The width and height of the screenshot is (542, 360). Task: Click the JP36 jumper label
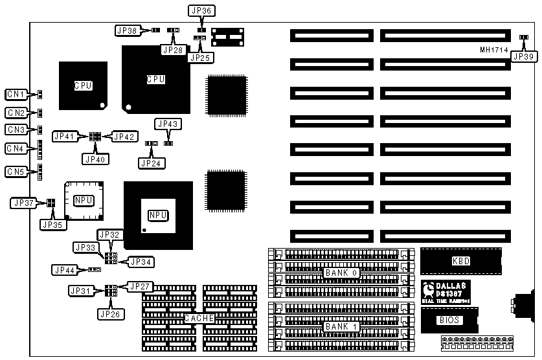(201, 10)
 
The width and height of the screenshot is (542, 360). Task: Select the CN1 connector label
(16, 95)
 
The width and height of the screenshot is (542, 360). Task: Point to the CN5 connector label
(16, 172)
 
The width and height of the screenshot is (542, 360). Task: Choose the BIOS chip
(449, 320)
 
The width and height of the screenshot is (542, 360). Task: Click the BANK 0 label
(341, 273)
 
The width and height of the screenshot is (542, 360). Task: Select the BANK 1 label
(341, 326)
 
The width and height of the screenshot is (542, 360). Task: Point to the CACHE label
(199, 318)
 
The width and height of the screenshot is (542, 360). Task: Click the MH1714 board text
(493, 50)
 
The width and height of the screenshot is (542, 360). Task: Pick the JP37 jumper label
(23, 203)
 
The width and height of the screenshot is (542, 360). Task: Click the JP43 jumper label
(168, 123)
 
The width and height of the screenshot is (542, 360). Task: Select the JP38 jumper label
(126, 30)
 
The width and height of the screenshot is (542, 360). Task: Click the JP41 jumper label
(65, 136)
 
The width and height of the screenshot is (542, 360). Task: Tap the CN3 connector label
(16, 129)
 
